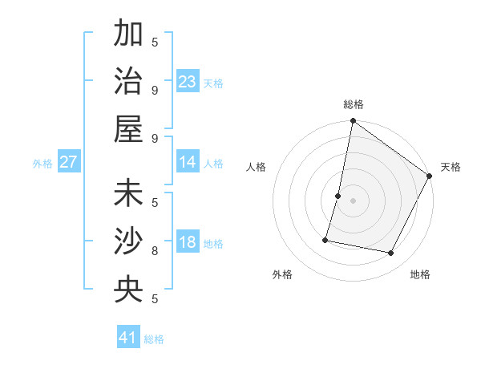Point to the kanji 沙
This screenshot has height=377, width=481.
tap(129, 241)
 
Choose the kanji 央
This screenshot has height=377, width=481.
tap(129, 290)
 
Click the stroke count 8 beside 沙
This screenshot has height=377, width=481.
tap(155, 250)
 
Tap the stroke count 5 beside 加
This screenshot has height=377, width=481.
tap(155, 43)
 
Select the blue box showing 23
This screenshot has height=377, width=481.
tap(188, 81)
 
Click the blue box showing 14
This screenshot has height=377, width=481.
tap(188, 162)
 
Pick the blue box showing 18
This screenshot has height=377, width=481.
tap(188, 242)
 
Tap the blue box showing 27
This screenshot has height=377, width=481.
tap(69, 162)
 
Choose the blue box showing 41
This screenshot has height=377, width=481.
tap(129, 338)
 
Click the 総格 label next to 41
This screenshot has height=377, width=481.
tap(154, 339)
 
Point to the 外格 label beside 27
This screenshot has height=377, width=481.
tap(42, 164)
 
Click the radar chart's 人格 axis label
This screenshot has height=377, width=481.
tap(257, 167)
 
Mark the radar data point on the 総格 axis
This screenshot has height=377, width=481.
tap(353, 122)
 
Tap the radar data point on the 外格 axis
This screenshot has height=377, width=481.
tap(325, 239)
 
